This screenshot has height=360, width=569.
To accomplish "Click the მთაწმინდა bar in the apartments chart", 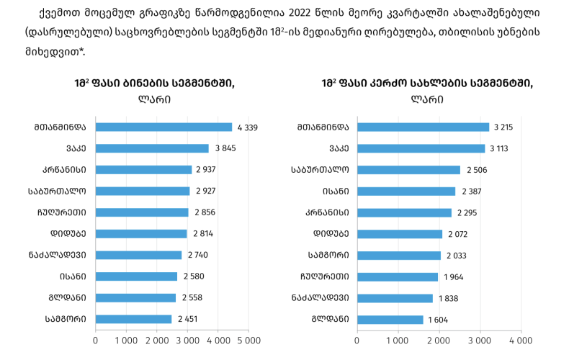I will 163,127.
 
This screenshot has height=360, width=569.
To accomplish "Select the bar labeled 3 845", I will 152,148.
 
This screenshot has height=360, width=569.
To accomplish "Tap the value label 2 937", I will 205,170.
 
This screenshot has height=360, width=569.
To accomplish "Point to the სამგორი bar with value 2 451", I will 133,319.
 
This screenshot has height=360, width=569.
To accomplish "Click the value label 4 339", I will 247,127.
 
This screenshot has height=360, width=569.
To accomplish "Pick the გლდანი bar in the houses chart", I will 390,319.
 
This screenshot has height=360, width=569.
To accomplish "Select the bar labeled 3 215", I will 424,127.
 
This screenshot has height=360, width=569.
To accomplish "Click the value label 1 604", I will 439,319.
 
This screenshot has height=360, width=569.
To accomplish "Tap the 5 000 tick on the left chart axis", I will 248,339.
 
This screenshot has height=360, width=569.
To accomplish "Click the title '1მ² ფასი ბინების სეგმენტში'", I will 154,84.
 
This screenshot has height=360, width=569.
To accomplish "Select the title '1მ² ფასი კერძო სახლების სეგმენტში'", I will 428,84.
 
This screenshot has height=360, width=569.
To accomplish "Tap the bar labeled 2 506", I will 408,170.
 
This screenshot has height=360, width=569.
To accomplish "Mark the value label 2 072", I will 458,234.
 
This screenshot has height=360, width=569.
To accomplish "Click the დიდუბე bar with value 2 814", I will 141,234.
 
